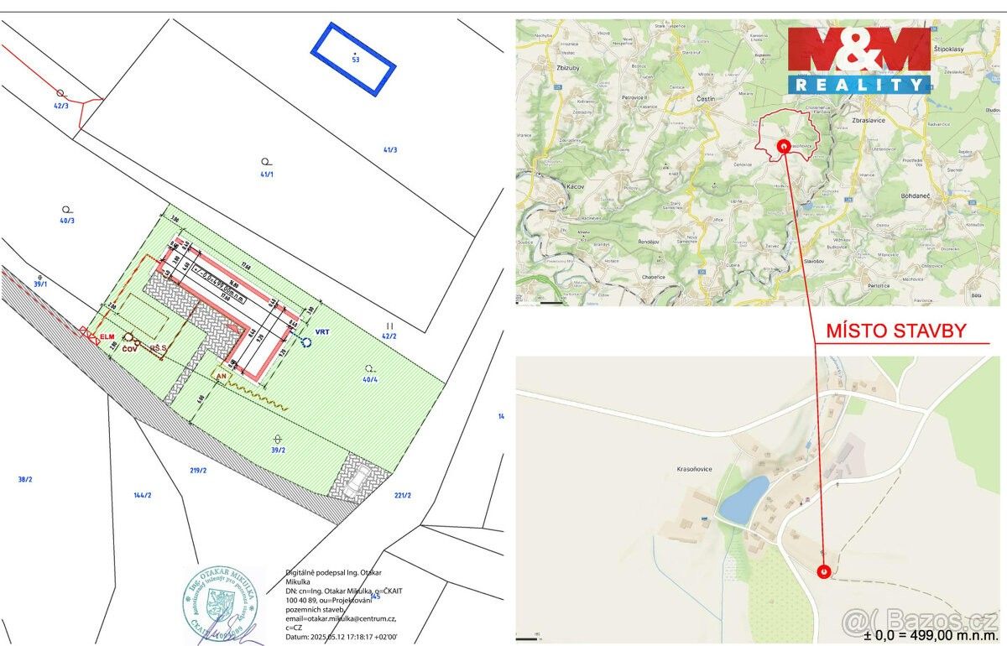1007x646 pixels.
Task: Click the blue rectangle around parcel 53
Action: coord(352,58)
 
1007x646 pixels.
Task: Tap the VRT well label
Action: coord(323,332)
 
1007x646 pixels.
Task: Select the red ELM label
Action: coord(107,336)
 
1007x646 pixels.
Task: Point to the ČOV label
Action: coord(130,348)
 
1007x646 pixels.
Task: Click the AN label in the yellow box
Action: coord(222,378)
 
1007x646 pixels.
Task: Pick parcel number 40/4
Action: coord(370,379)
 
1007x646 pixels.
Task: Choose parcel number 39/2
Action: coord(278,451)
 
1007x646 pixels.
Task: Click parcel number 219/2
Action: coord(198,471)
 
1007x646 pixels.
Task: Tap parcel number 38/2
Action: coord(25,479)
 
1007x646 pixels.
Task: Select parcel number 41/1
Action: coord(267,174)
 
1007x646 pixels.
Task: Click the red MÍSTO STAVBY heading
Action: coord(895,331)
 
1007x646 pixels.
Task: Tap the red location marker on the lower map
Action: coord(824,570)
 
